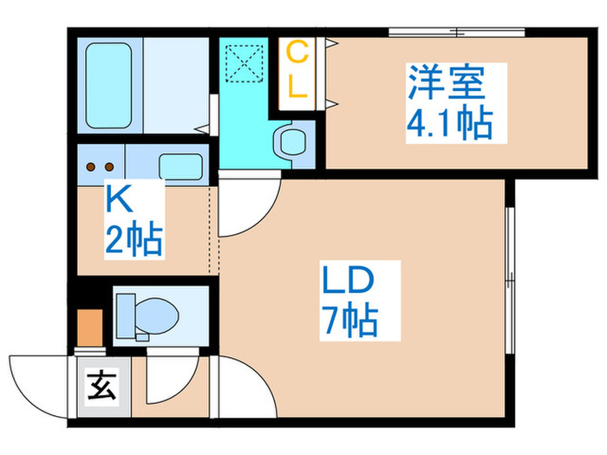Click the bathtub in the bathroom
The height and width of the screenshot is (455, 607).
[x=108, y=82]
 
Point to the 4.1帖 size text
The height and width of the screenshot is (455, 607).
[x=449, y=124]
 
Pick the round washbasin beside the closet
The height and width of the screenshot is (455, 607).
[x=290, y=140]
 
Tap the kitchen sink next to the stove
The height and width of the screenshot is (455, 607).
[x=180, y=165]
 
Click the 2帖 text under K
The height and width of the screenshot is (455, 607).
[x=134, y=240]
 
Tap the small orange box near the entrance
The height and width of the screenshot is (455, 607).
[x=90, y=327]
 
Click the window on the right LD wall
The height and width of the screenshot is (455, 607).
[x=510, y=269]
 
